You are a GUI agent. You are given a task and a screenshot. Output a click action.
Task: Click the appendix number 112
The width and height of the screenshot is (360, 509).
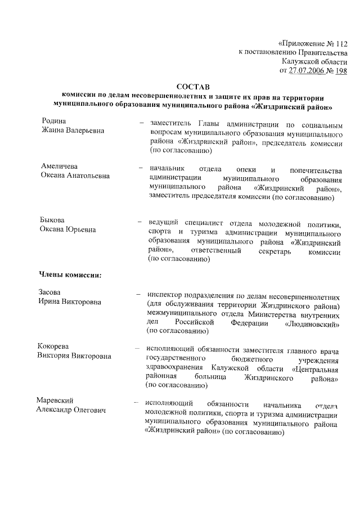[340, 43]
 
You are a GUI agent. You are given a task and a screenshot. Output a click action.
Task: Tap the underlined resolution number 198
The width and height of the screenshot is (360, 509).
[341, 70]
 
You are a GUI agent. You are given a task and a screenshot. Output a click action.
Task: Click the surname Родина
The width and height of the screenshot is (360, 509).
[54, 121]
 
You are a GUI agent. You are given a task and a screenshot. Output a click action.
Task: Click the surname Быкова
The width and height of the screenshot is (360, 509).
[53, 219]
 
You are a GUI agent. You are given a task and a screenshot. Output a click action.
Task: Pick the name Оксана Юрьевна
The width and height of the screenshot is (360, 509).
[67, 229]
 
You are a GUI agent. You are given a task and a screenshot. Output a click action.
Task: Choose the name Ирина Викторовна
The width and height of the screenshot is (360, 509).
[69, 302]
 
